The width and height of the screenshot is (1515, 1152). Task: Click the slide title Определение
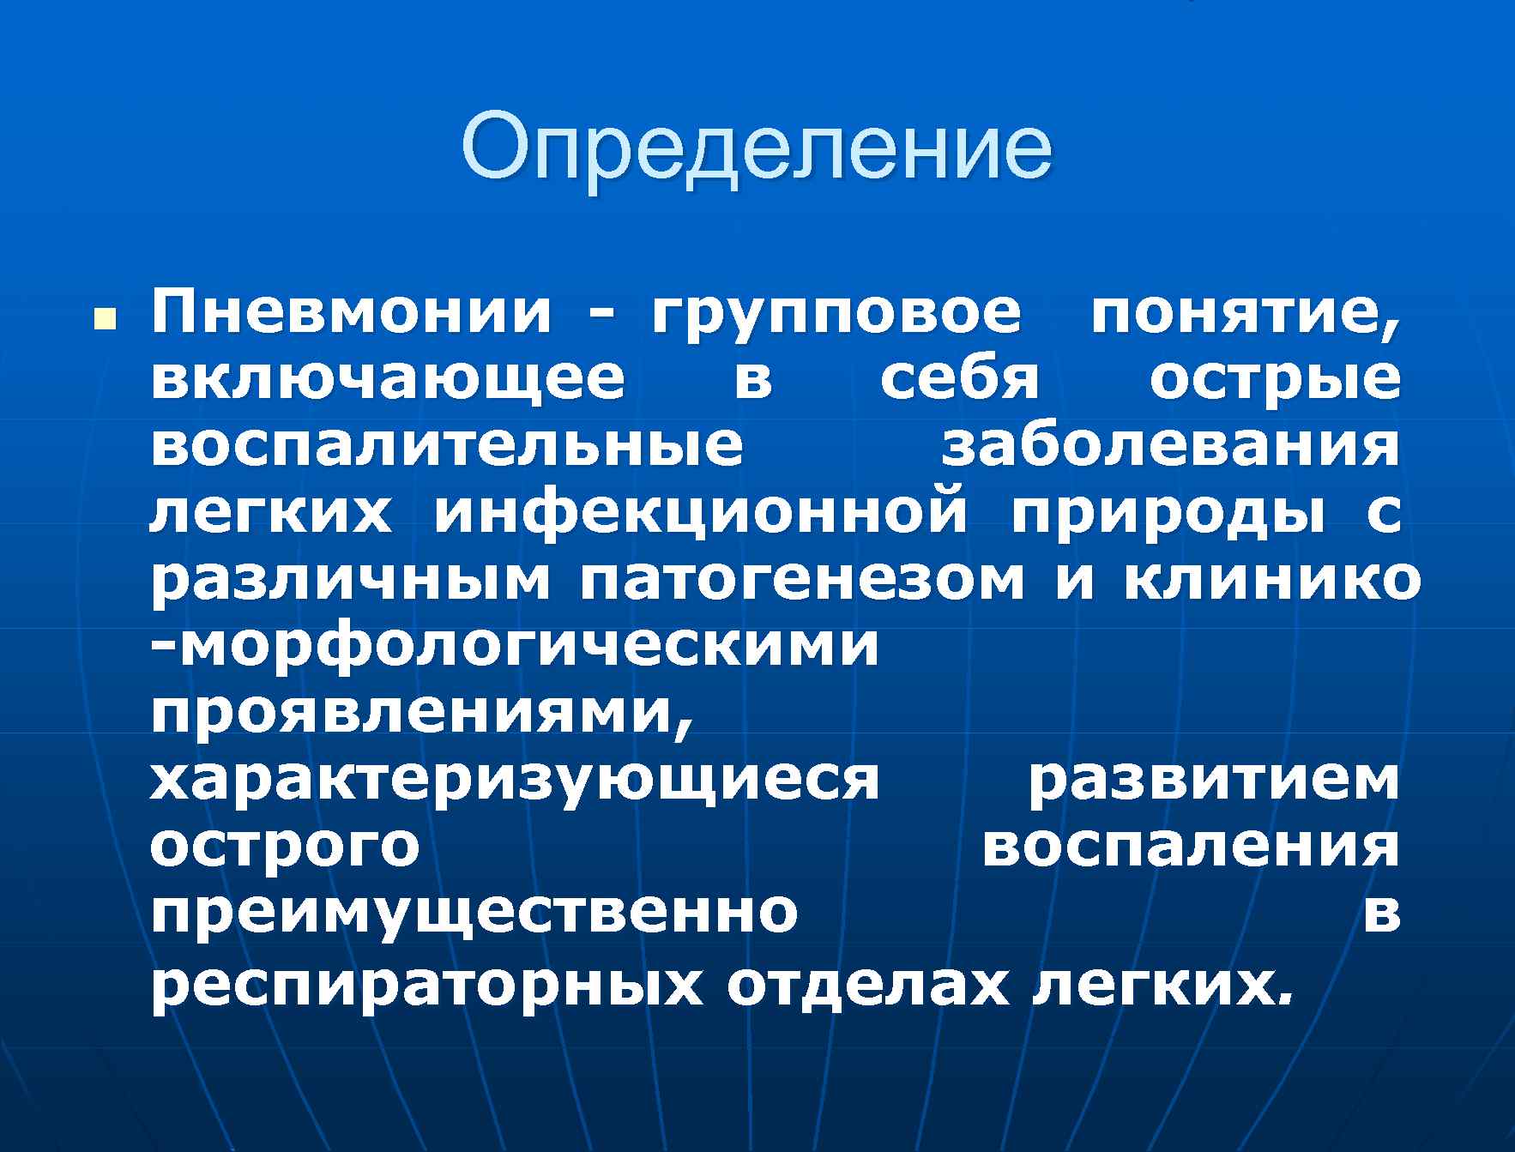click(x=757, y=147)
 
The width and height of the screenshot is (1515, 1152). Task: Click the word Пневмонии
click(x=350, y=314)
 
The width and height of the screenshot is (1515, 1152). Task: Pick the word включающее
click(x=388, y=380)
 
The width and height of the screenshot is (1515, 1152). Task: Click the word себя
click(x=960, y=380)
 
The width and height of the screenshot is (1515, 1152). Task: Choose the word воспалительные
click(x=446, y=447)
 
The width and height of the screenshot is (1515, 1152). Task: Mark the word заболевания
click(x=1171, y=447)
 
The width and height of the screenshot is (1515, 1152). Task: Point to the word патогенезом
click(x=801, y=581)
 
